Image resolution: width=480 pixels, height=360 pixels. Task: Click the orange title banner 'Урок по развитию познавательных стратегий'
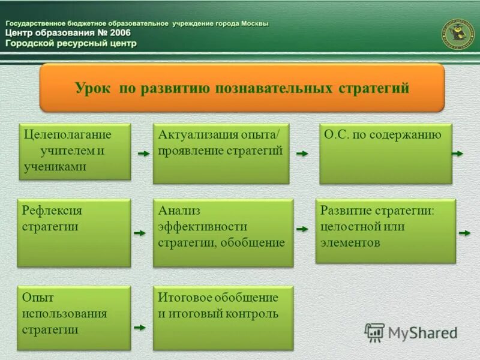(242, 88)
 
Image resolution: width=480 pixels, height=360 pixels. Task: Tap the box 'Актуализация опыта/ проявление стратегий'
(221, 154)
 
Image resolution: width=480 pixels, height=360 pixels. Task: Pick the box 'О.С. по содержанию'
(385, 154)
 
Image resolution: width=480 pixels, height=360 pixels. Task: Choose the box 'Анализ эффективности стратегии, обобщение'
(223, 233)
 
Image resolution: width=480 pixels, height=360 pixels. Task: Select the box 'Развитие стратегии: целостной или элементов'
(385, 231)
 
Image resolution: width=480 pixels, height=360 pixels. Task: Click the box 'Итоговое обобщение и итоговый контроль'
(223, 318)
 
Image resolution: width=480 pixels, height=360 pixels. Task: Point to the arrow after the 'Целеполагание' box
(143, 154)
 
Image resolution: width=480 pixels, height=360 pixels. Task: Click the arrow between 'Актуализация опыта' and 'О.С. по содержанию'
(302, 154)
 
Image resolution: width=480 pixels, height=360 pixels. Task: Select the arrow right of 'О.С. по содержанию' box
(458, 154)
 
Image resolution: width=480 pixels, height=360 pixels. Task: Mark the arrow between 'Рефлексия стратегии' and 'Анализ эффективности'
(140, 233)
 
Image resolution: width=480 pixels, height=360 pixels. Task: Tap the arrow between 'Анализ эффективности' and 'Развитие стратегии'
(302, 230)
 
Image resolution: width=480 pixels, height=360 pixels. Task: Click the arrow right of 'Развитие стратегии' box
(464, 232)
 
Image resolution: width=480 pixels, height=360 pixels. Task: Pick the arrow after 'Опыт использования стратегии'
(140, 328)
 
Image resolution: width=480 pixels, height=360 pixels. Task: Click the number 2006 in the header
(116, 32)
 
